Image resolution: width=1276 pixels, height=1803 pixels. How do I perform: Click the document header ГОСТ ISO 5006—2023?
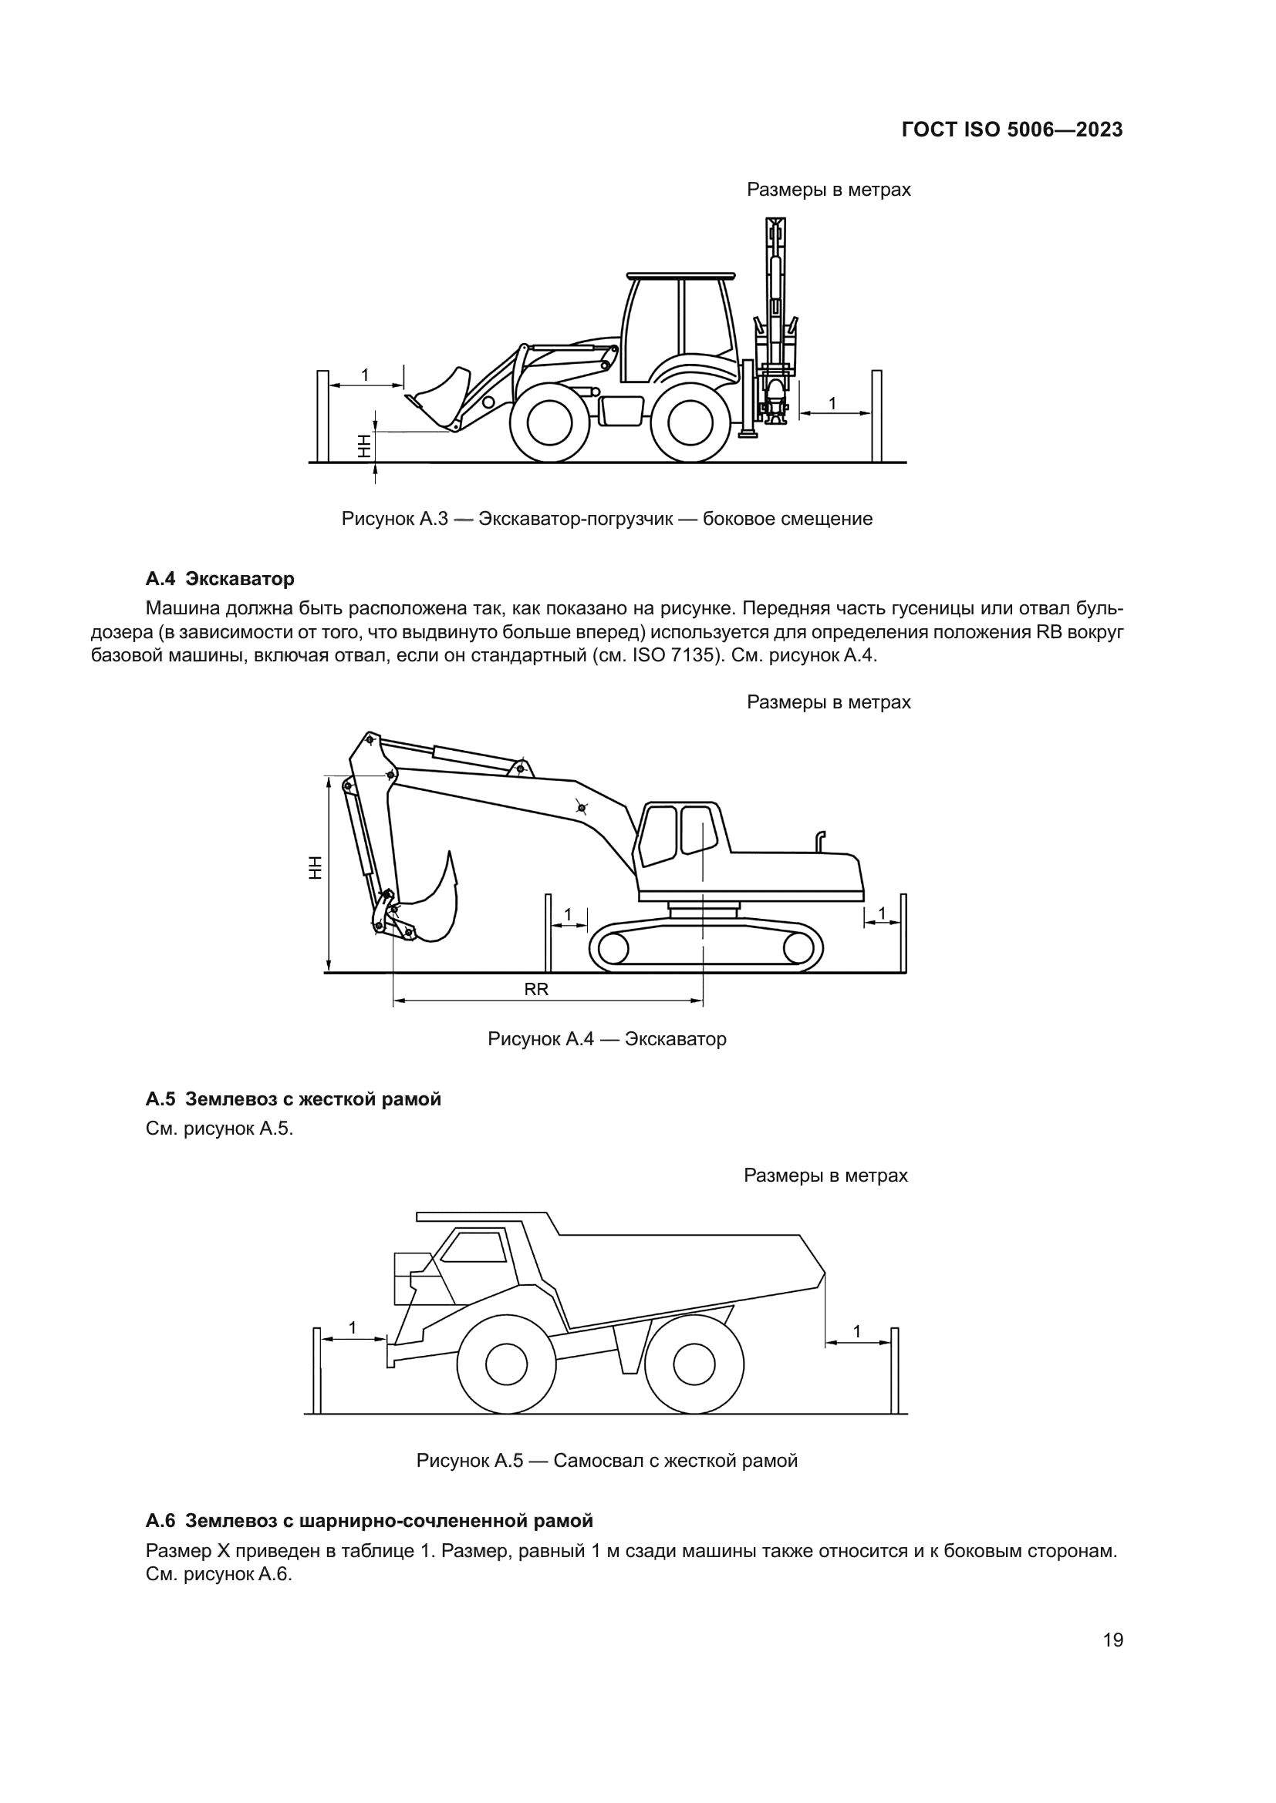click(x=1012, y=130)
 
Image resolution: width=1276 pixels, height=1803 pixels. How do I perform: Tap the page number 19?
click(x=1112, y=1640)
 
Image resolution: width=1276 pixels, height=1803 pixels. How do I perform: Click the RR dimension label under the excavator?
click(x=536, y=991)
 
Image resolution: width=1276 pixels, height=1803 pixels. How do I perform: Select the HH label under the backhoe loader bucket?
click(x=364, y=448)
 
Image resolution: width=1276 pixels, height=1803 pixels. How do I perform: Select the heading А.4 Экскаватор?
click(x=220, y=579)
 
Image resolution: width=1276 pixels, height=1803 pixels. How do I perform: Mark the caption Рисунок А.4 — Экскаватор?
click(x=606, y=1039)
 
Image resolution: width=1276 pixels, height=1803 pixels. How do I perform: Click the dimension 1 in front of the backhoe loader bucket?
click(x=365, y=376)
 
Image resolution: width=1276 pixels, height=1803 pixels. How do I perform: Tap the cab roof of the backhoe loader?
click(x=680, y=276)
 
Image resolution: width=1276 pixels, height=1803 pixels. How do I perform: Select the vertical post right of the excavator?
click(x=903, y=933)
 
